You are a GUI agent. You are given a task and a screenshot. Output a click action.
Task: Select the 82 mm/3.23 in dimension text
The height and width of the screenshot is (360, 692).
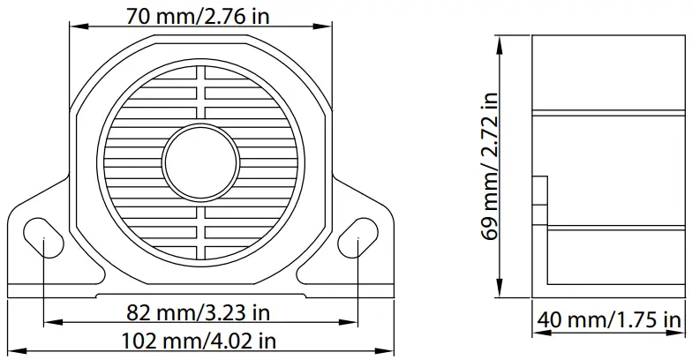(200, 312)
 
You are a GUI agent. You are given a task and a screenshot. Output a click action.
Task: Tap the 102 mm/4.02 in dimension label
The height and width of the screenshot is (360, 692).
(200, 339)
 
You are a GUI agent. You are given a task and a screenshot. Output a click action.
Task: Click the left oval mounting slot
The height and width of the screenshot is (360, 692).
(44, 238)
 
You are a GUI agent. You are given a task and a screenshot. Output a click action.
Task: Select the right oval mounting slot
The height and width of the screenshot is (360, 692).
(357, 238)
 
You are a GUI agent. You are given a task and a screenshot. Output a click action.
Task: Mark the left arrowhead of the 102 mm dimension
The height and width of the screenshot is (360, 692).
(16, 350)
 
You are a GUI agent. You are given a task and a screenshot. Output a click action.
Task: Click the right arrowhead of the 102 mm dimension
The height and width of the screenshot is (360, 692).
(387, 350)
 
